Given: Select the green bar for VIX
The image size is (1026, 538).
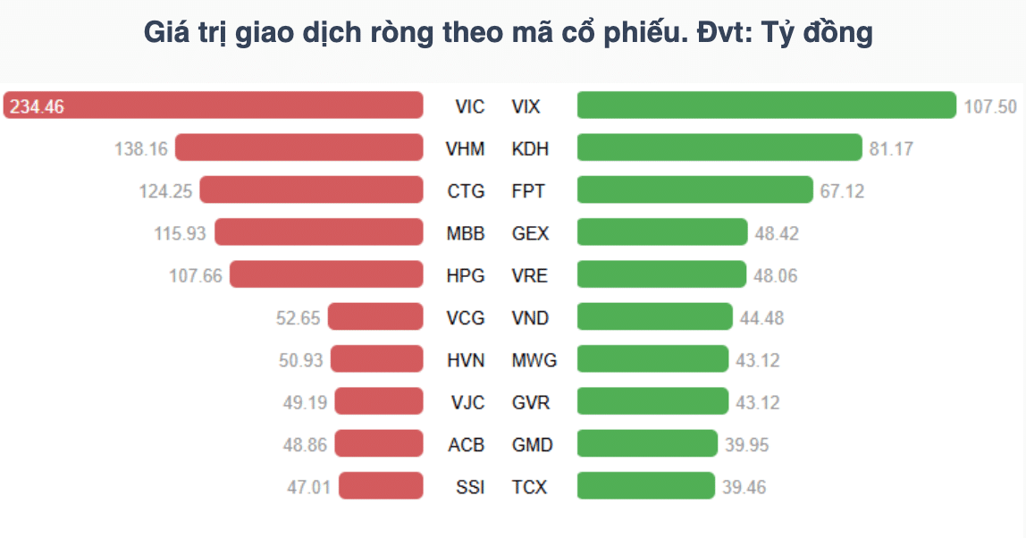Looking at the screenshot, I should point(766,105).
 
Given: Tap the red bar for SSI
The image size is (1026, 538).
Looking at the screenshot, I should point(381,486).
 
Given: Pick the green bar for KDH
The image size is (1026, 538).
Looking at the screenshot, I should point(719,148).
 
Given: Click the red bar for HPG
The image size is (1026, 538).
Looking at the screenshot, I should point(326,275).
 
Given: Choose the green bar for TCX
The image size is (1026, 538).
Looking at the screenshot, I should point(646,486).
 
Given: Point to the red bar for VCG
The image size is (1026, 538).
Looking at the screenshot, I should point(375,317).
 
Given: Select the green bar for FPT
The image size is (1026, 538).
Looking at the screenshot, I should point(695,190).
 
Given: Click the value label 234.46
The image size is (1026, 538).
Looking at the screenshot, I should point(37,107).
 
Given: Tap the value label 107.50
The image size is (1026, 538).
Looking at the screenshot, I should point(990,107).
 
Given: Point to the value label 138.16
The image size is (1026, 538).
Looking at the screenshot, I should point(141,149).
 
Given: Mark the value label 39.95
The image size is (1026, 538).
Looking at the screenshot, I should point(747,445).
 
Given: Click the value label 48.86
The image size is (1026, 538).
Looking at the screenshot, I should point(305,445).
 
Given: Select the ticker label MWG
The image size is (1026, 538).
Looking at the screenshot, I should point(534,360).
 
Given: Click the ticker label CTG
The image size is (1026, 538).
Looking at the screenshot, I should point(466,191).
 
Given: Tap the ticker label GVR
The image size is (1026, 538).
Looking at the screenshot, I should point(531,403).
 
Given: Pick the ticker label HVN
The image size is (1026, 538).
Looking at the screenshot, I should point(466,360).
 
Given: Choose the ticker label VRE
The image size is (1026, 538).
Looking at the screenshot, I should point(529,275).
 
